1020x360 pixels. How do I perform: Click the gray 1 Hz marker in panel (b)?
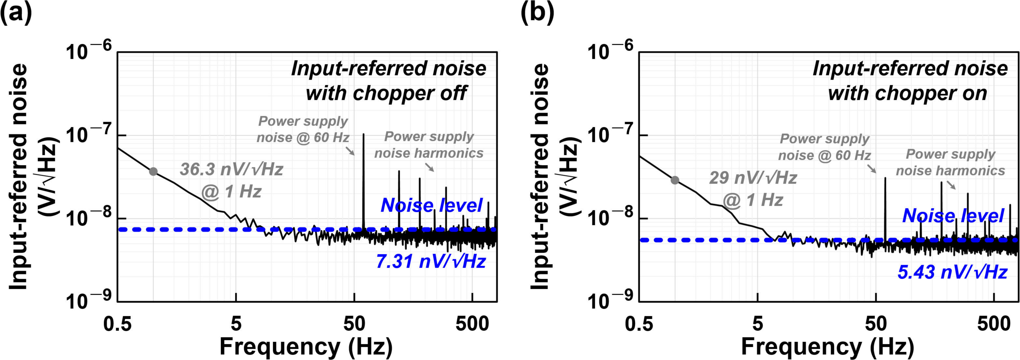tap(675, 180)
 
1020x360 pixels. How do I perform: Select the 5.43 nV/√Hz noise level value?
tap(952, 272)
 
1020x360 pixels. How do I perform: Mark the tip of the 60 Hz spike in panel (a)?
tap(364, 134)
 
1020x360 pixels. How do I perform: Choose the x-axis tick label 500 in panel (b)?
tap(994, 324)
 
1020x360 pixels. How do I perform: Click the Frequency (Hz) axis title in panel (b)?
tap(828, 347)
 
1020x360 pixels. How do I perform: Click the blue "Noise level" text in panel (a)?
tap(432, 205)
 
